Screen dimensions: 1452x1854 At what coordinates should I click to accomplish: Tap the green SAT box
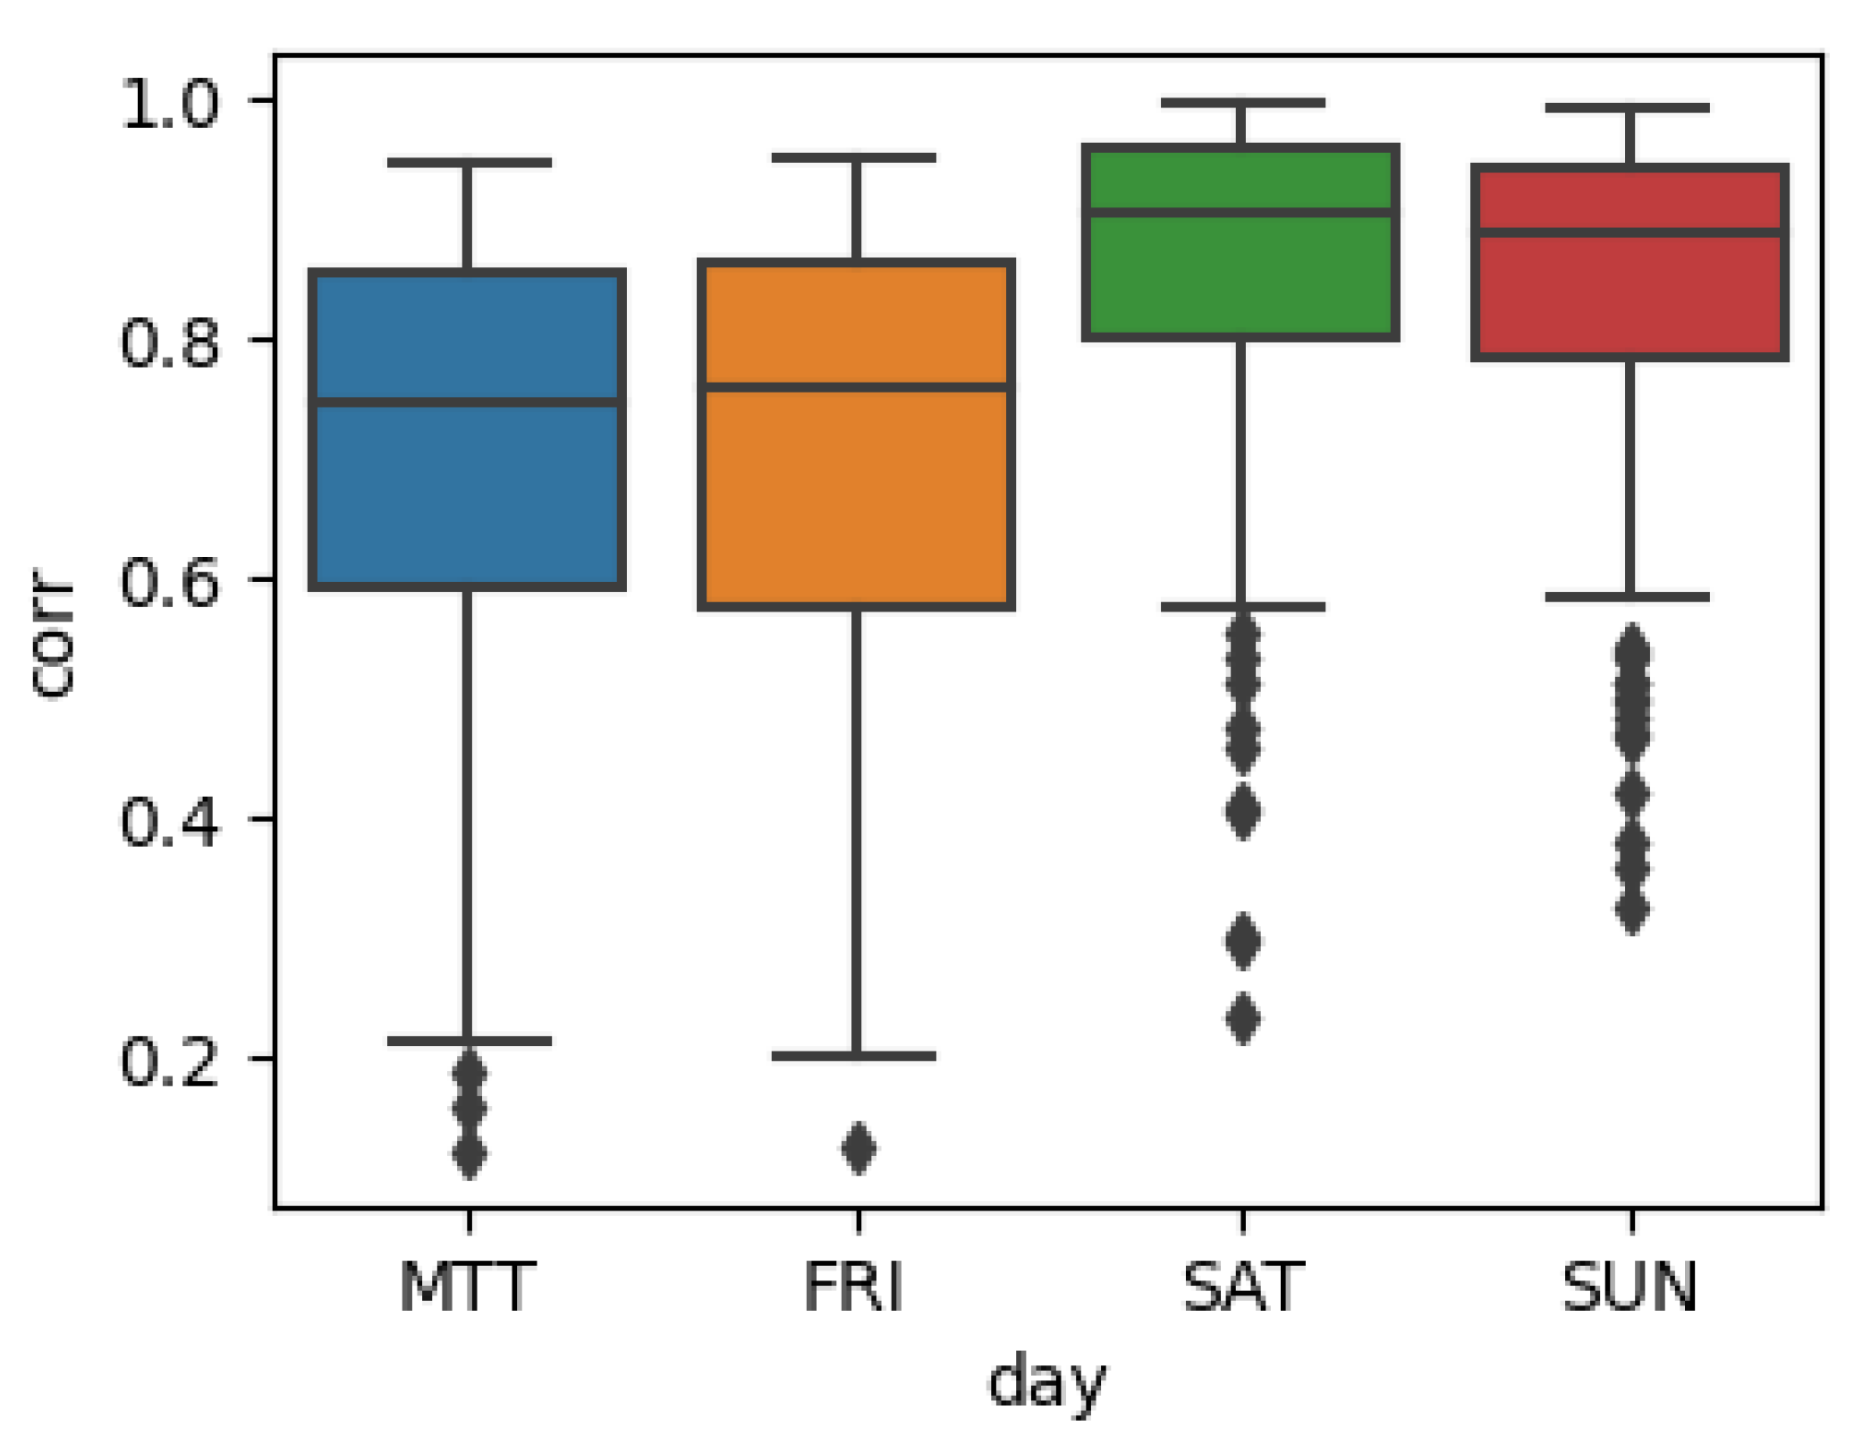(1240, 277)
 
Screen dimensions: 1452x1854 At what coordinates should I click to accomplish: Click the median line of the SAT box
(1240, 213)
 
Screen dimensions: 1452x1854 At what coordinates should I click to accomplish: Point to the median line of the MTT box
(467, 402)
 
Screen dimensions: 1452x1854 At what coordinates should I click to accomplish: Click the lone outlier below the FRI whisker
(859, 1148)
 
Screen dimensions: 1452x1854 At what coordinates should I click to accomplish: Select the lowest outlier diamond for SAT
(1243, 1018)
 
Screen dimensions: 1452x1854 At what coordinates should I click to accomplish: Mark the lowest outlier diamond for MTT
(470, 1154)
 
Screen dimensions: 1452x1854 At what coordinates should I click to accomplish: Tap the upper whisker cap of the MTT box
(469, 163)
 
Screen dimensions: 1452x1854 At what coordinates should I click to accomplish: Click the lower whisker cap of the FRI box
(854, 1056)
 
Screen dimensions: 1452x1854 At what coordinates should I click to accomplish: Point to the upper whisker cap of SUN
(1628, 108)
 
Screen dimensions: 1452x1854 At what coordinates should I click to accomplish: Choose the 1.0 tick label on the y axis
(169, 103)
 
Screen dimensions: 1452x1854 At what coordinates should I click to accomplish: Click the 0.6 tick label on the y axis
(169, 581)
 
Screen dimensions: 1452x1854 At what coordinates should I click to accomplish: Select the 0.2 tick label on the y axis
(169, 1061)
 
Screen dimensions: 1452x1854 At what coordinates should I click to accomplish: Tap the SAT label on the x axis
(1243, 1287)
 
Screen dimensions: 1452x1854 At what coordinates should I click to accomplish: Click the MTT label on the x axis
(467, 1287)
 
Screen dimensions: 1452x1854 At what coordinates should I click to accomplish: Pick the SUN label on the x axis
(1630, 1287)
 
